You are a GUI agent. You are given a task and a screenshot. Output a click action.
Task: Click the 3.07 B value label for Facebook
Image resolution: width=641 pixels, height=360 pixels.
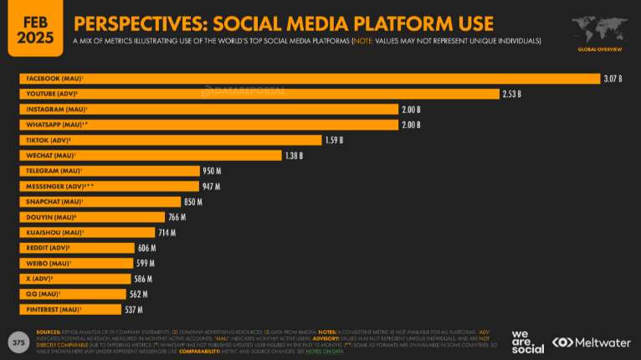[x=613, y=79]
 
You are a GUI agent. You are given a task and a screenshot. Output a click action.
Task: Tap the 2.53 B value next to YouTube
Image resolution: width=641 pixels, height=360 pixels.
[x=512, y=94]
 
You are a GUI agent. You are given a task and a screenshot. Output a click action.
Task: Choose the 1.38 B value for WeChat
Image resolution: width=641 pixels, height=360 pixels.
[x=293, y=156]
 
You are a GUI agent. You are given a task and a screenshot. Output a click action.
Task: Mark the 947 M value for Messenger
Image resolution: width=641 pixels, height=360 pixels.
[x=212, y=186]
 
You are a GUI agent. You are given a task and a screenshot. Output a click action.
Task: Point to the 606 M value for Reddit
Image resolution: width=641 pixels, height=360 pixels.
[x=147, y=248]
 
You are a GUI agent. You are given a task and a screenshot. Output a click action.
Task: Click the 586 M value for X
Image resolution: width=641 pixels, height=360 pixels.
[x=143, y=279]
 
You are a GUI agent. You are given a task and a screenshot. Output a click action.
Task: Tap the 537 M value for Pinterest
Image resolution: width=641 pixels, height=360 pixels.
[x=136, y=309]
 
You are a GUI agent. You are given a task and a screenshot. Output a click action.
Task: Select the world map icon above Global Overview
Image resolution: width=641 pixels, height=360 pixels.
[x=598, y=28]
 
